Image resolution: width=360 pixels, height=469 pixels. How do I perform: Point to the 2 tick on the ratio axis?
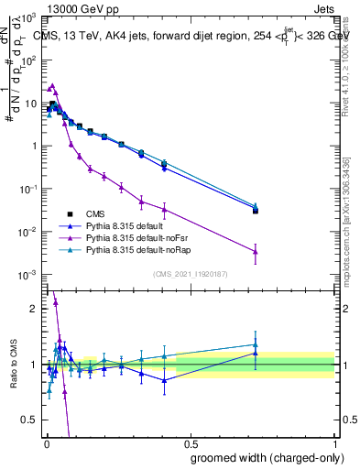click(33, 309)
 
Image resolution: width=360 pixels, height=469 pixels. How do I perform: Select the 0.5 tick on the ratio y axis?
click(29, 420)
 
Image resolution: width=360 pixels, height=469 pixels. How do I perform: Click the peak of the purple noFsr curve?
click(53, 85)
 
